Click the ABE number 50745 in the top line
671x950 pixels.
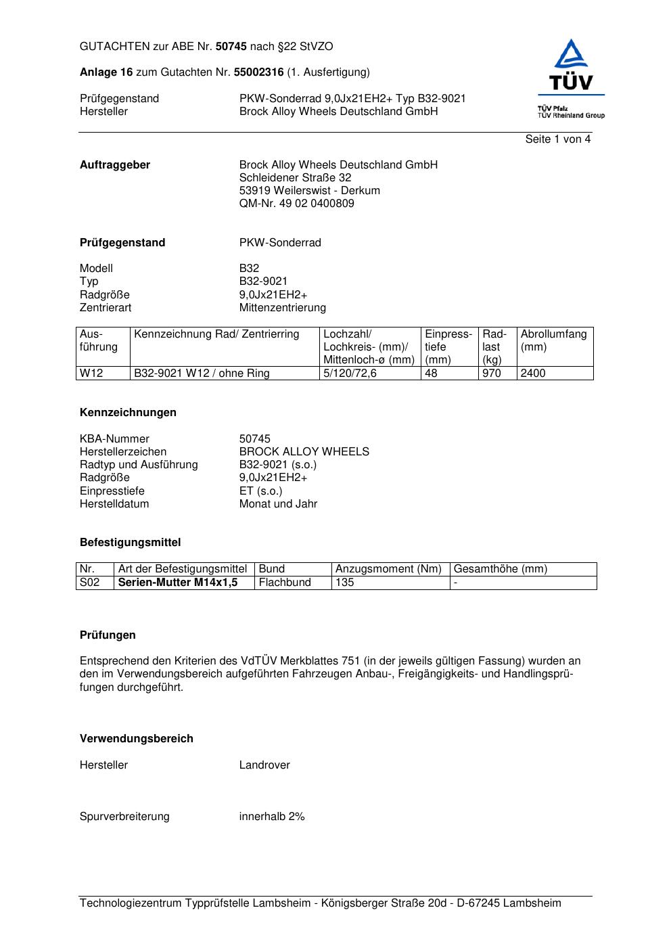click(231, 47)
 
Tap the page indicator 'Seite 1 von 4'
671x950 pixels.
click(557, 139)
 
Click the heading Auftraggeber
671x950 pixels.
click(115, 165)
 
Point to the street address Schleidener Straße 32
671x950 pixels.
click(295, 178)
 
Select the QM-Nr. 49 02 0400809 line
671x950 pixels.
click(296, 204)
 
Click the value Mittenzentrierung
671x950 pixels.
click(282, 308)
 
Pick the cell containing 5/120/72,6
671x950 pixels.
click(350, 374)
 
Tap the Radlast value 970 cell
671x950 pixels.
click(492, 374)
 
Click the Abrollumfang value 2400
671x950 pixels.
click(533, 374)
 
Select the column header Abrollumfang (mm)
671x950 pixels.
click(554, 340)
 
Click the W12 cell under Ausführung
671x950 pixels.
click(92, 374)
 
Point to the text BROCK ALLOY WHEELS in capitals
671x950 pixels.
click(304, 452)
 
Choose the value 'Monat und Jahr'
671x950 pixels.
click(278, 504)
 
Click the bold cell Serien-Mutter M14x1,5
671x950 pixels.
click(178, 583)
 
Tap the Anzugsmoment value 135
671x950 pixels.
click(345, 583)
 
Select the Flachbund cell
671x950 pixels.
click(285, 583)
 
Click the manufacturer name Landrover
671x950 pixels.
click(264, 765)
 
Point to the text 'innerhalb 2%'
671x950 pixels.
click(272, 817)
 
